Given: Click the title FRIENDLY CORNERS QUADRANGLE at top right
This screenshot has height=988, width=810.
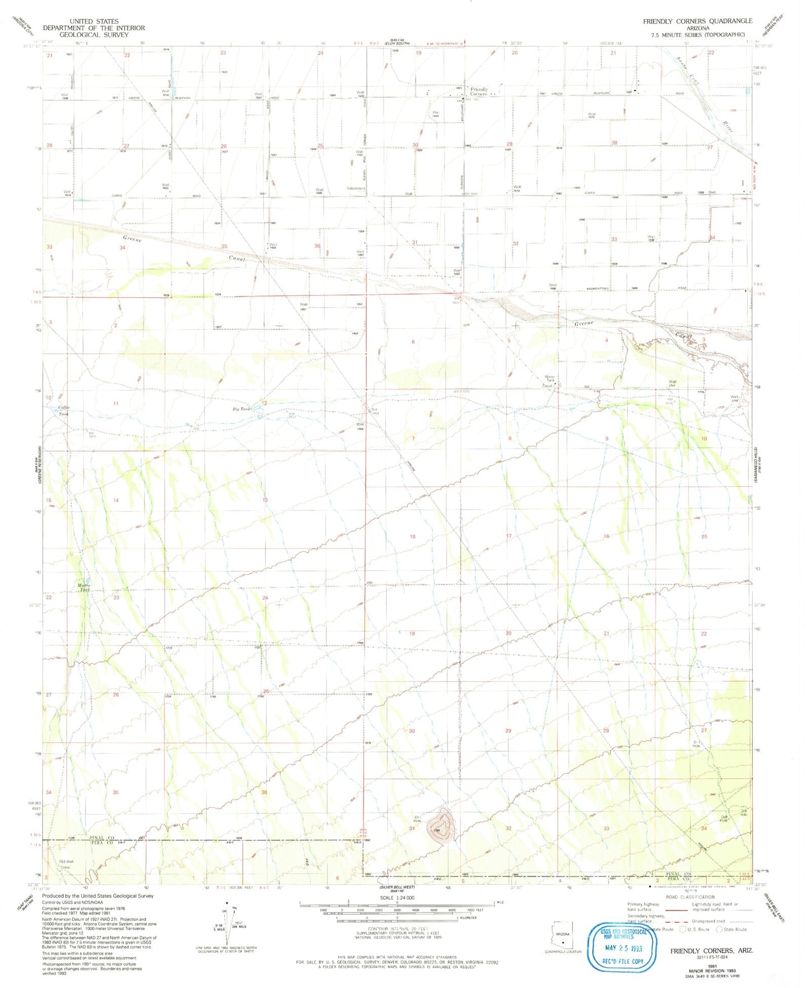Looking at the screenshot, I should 697,21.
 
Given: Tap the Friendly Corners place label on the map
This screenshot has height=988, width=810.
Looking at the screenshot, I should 479,91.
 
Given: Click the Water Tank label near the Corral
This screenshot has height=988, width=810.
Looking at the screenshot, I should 550,378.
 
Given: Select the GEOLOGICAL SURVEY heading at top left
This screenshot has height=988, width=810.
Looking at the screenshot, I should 94,34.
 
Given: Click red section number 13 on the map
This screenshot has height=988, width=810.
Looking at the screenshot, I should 265,500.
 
